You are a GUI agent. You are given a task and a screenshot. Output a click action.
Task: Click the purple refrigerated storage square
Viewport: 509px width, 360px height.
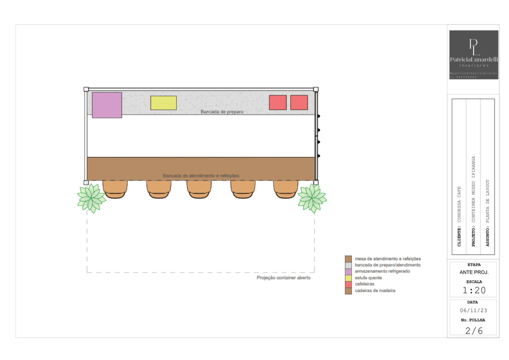click(x=107, y=105)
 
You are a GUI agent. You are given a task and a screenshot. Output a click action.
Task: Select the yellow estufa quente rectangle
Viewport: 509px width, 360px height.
click(x=164, y=103)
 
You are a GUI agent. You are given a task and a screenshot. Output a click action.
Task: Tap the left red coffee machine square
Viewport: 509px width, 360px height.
click(x=278, y=102)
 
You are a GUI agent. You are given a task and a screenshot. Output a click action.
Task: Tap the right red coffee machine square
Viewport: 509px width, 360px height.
click(x=299, y=102)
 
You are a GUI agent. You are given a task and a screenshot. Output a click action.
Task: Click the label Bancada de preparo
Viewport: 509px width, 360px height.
click(x=222, y=112)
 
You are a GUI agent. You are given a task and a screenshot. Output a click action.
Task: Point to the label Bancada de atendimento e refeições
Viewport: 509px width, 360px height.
click(x=201, y=176)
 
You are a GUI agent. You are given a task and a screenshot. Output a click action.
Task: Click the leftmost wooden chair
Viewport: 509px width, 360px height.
click(x=115, y=189)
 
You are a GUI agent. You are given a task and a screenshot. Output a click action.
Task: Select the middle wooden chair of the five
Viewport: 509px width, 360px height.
click(x=199, y=189)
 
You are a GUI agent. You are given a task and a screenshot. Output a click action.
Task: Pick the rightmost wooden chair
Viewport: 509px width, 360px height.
click(x=285, y=189)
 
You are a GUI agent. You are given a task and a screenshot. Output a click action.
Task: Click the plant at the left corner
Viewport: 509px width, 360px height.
click(x=91, y=198)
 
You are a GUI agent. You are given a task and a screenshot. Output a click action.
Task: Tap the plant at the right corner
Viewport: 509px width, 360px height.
click(x=312, y=197)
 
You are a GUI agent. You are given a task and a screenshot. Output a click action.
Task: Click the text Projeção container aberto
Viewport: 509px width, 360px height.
click(x=284, y=278)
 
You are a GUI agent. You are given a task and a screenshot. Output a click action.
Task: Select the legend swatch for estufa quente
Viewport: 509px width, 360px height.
click(x=348, y=278)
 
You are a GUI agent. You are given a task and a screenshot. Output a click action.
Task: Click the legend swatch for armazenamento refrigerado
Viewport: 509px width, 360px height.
click(x=348, y=271)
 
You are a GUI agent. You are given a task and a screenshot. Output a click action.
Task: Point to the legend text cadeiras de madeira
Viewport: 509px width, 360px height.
click(x=375, y=290)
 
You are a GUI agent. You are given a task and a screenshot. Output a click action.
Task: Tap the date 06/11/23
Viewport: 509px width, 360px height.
click(x=473, y=310)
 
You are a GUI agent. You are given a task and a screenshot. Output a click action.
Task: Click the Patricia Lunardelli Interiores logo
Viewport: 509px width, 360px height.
click(x=474, y=55)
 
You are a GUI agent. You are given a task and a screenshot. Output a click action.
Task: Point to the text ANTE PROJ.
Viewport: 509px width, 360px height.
click(x=473, y=272)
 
